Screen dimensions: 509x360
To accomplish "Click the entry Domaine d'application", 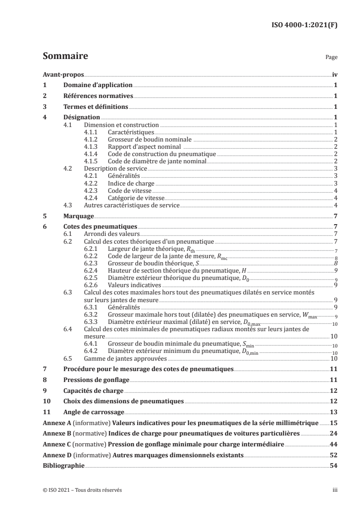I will pos(98,85).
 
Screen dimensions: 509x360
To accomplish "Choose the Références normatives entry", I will pos(98,96).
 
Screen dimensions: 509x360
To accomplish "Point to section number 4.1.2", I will pos(92,139).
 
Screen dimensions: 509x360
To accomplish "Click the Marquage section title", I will pos(79,216).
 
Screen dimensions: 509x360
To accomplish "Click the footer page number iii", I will pos(335,490).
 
